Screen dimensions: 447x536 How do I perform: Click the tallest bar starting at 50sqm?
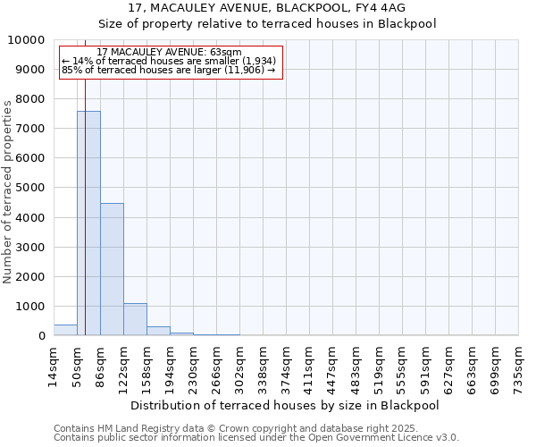(88, 223)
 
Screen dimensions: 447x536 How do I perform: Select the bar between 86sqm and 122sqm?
(112, 269)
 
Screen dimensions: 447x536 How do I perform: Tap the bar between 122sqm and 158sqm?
(135, 319)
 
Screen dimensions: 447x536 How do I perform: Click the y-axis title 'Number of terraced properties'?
(8, 191)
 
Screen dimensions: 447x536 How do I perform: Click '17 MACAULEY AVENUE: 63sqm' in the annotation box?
(169, 53)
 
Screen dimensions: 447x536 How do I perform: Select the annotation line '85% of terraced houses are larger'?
(169, 70)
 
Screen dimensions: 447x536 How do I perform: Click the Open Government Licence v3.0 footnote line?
(256, 438)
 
